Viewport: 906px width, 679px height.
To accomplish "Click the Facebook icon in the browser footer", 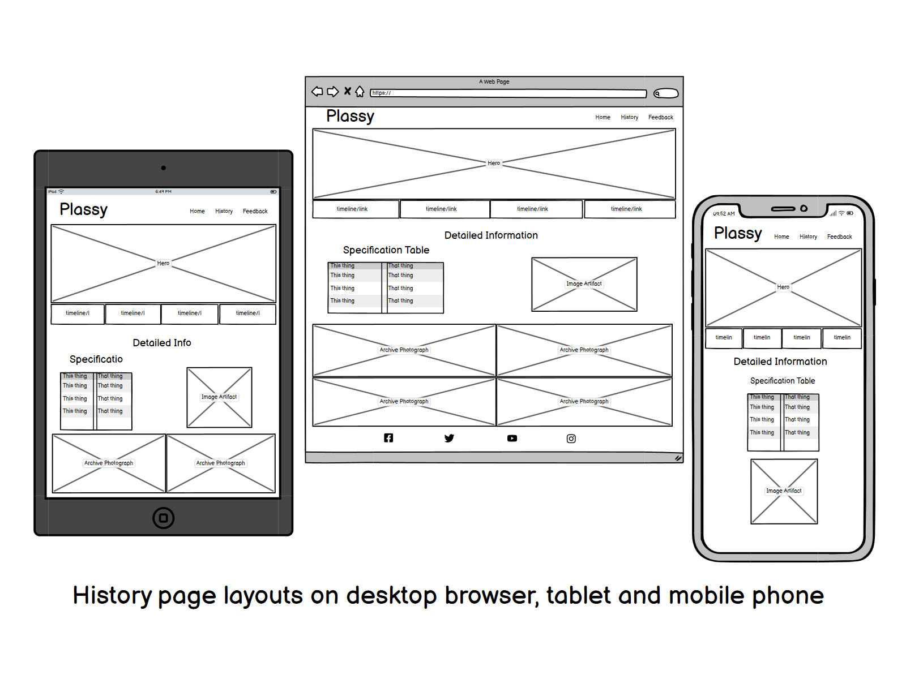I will [388, 438].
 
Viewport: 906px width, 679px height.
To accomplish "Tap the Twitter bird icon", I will [449, 438].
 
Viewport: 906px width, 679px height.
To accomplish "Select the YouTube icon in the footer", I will [512, 439].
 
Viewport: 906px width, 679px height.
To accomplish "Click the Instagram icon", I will [571, 439].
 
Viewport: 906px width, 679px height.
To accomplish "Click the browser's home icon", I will [360, 92].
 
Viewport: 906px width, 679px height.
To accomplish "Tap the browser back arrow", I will [317, 92].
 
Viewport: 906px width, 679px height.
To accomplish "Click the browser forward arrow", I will [333, 92].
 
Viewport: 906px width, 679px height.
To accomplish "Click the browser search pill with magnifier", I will [666, 93].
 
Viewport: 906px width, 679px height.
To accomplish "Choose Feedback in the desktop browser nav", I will [661, 118].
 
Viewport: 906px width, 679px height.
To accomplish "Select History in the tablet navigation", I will [224, 212].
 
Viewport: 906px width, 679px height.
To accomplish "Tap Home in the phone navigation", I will [781, 237].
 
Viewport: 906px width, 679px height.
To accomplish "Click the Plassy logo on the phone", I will [738, 233].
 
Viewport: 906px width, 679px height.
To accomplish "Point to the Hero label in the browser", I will [494, 164].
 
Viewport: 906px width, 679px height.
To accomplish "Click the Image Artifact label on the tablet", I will [219, 397].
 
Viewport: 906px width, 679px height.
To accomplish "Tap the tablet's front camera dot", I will [164, 168].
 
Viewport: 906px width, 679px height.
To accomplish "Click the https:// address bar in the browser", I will [508, 93].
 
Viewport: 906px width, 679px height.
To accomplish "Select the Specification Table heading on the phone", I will [783, 381].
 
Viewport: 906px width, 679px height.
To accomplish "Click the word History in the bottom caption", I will [112, 596].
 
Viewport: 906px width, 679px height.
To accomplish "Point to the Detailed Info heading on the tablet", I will [162, 343].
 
